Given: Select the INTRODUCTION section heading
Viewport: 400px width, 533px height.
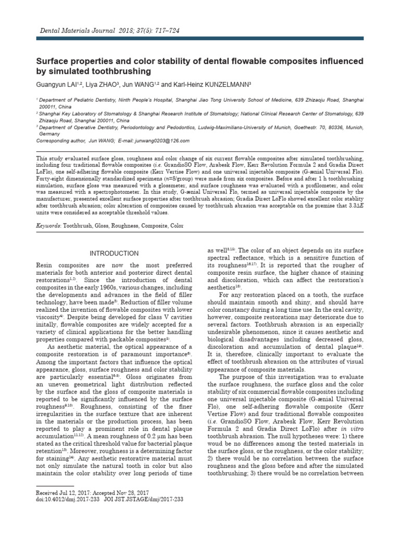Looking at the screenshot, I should (x=114, y=253).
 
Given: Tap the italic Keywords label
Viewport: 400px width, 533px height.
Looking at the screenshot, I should (x=48, y=226).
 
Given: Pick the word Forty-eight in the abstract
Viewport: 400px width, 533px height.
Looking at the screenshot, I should (x=49, y=177).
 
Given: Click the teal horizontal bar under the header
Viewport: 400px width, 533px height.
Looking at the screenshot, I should (x=200, y=39).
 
